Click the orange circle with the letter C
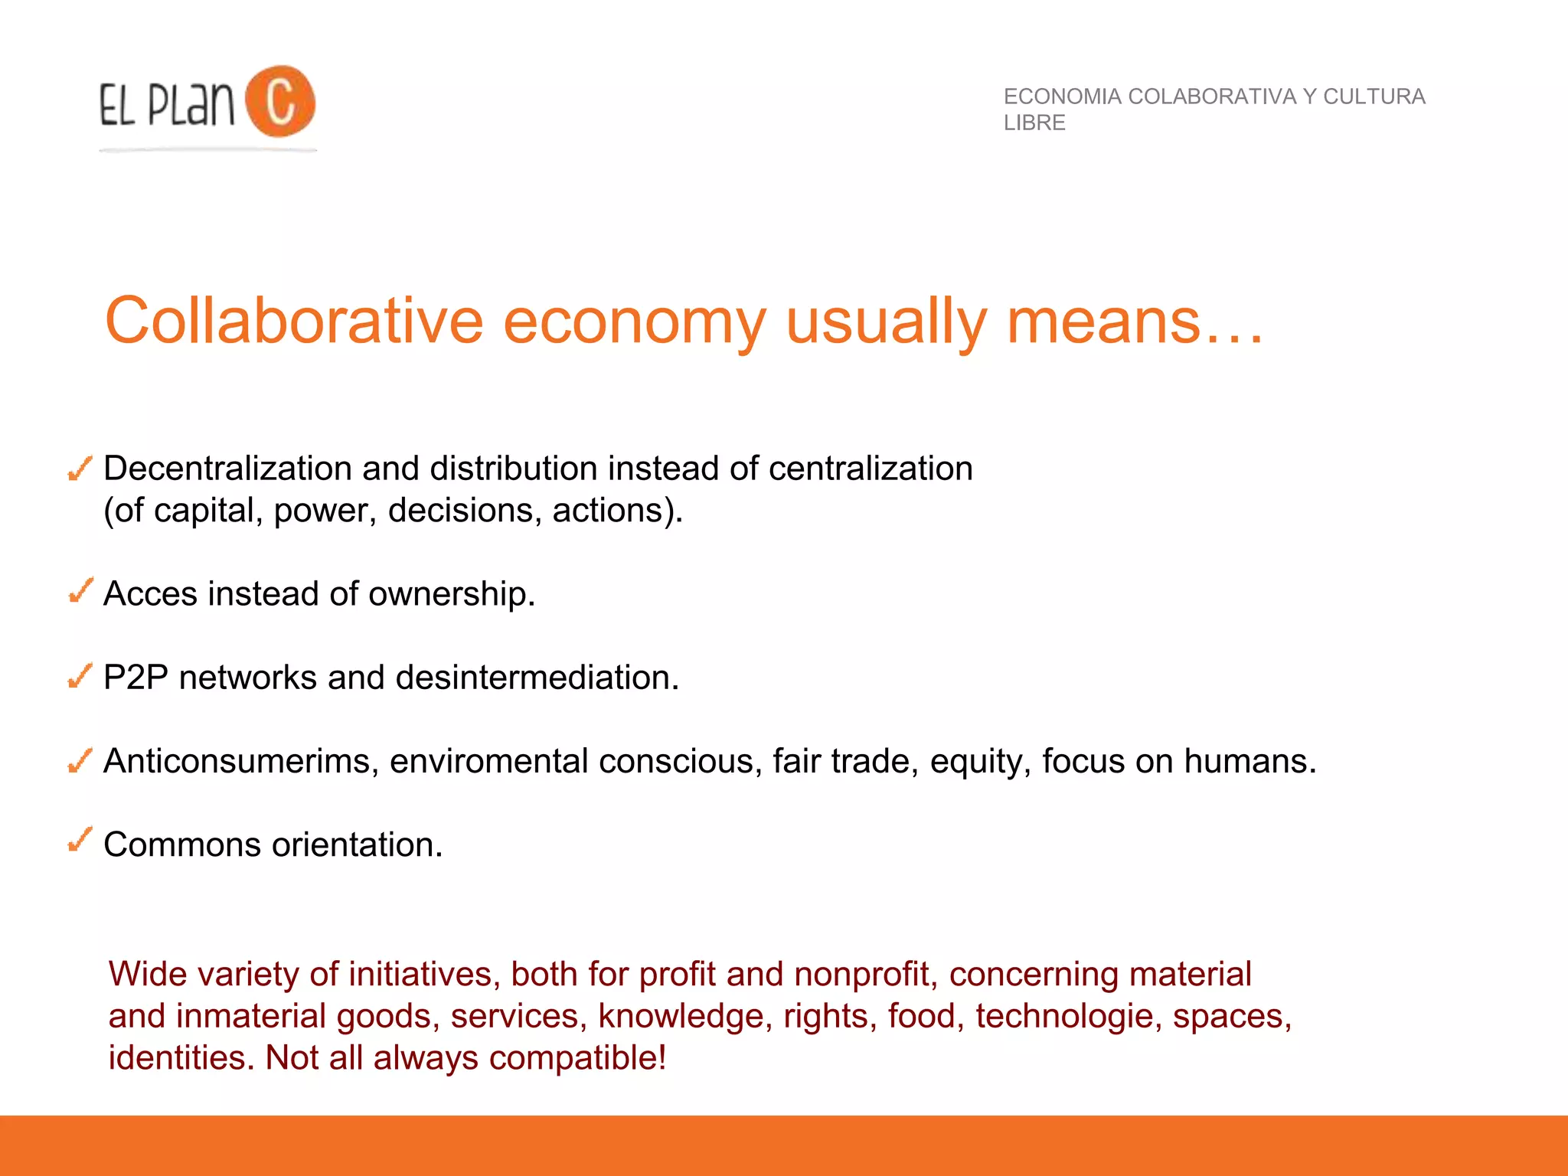[x=280, y=101]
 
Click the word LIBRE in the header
[x=1034, y=122]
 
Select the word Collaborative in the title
[x=294, y=321]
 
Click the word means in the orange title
[x=1103, y=321]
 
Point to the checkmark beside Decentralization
[x=80, y=469]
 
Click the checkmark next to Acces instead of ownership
[x=80, y=590]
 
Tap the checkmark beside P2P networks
[x=80, y=675]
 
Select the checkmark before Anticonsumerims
[x=80, y=759]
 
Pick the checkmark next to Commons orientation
[x=80, y=840]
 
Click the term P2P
[x=136, y=678]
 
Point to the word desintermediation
[x=537, y=678]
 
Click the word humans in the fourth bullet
[x=1249, y=761]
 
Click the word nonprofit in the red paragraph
[x=865, y=975]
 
